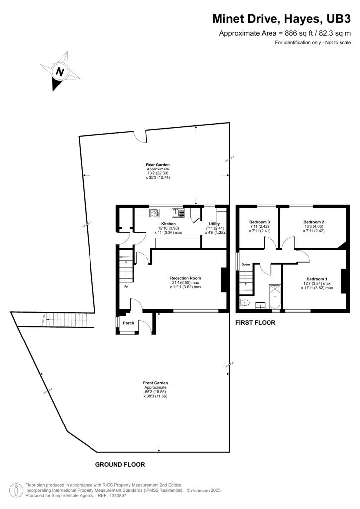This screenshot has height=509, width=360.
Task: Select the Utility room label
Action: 214,224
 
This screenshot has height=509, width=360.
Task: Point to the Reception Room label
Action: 185,278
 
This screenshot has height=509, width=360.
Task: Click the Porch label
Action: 129,323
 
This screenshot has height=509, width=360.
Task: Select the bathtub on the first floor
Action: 274,297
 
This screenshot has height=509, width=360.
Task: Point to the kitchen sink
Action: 176,213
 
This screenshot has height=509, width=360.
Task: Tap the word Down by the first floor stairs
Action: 245,264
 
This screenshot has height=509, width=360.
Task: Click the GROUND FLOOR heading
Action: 120,464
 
